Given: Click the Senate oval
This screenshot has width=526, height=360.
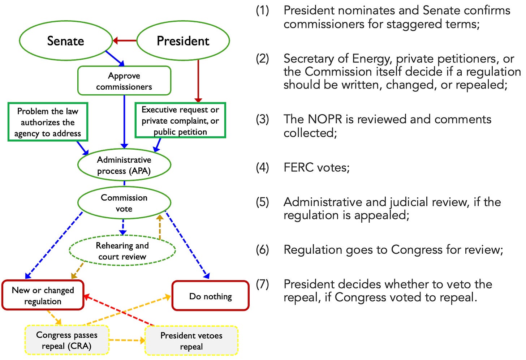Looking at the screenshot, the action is click(66, 40).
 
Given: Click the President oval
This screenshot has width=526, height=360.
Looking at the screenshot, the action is click(183, 40).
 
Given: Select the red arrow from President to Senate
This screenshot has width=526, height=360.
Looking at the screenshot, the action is click(124, 40).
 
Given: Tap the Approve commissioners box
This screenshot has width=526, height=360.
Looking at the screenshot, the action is click(124, 81).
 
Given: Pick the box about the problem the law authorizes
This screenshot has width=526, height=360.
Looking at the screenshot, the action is click(48, 122).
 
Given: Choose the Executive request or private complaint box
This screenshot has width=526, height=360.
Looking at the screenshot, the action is click(180, 120).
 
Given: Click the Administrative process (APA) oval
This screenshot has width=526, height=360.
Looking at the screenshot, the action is click(124, 165).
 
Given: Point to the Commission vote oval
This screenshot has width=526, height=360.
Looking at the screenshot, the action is click(124, 203).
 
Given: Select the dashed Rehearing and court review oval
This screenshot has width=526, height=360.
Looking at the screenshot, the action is click(122, 251).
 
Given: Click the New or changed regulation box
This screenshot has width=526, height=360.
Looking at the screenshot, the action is click(43, 295).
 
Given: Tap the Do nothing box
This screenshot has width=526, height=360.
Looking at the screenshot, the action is click(211, 296).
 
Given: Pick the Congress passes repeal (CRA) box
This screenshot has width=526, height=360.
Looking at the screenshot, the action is click(67, 340).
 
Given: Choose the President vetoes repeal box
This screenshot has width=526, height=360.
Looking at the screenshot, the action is click(191, 341).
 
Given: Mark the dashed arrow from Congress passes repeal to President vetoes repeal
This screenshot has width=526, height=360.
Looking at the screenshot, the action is click(127, 340).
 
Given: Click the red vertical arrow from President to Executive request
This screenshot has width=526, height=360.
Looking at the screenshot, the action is click(198, 81).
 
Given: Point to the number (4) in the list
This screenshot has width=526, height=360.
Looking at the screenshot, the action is click(262, 168).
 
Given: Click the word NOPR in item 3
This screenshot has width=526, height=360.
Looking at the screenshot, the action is click(325, 119).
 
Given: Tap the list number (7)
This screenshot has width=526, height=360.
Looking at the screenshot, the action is click(262, 284).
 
